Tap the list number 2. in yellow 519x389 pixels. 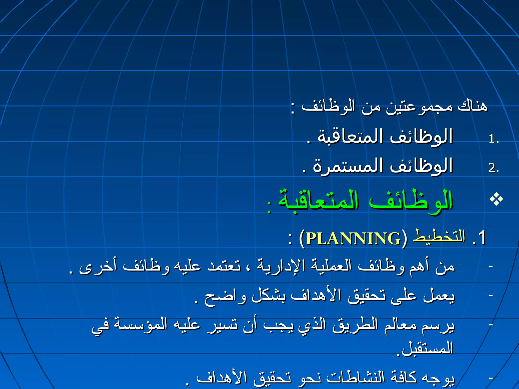click(x=494, y=168)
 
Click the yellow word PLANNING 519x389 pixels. click(x=353, y=238)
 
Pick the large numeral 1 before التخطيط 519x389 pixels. click(x=481, y=237)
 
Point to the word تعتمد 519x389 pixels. click(x=224, y=266)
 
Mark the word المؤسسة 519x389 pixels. click(x=141, y=324)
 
